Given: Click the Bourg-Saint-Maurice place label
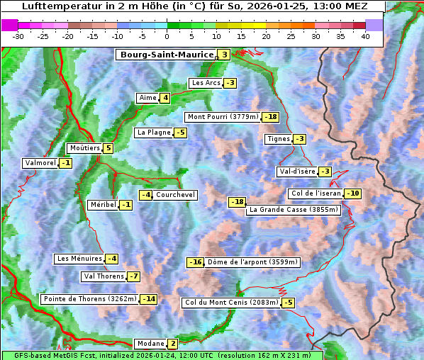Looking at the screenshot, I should pyautogui.click(x=167, y=55).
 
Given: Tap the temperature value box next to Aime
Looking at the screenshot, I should pyautogui.click(x=164, y=98).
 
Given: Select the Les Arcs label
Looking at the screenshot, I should pyautogui.click(x=206, y=83).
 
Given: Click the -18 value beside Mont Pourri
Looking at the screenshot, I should pyautogui.click(x=270, y=117).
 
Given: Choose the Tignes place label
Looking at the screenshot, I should pyautogui.click(x=278, y=139).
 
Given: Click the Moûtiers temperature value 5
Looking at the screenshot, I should pyautogui.click(x=108, y=148).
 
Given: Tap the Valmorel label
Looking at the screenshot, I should pyautogui.click(x=40, y=163).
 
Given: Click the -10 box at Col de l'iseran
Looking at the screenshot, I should pyautogui.click(x=352, y=194).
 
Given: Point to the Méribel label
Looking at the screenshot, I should pyautogui.click(x=103, y=205).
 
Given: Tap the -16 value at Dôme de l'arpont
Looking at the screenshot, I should pyautogui.click(x=195, y=262).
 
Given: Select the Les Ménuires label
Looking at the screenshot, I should pyautogui.click(x=79, y=259).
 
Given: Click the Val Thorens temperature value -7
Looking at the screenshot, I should pyautogui.click(x=133, y=276).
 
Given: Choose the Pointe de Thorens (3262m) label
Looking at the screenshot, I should pyautogui.click(x=89, y=299).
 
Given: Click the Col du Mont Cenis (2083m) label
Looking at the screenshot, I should pyautogui.click(x=230, y=303).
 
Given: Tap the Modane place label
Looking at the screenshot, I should pyautogui.click(x=150, y=344).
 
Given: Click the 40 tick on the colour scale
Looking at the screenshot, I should pyautogui.click(x=365, y=36).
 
